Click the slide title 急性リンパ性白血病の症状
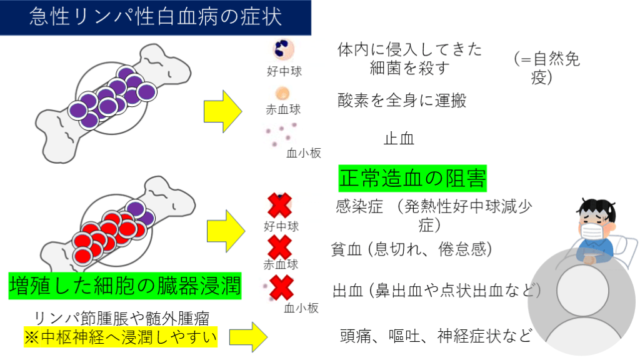point(156,17)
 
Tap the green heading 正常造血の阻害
point(412,178)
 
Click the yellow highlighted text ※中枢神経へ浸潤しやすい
point(121,337)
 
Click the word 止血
point(399,139)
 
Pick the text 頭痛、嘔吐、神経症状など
point(435,336)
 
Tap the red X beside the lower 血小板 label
point(281,288)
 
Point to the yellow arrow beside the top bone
point(222,111)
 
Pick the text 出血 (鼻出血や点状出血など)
point(436,290)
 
